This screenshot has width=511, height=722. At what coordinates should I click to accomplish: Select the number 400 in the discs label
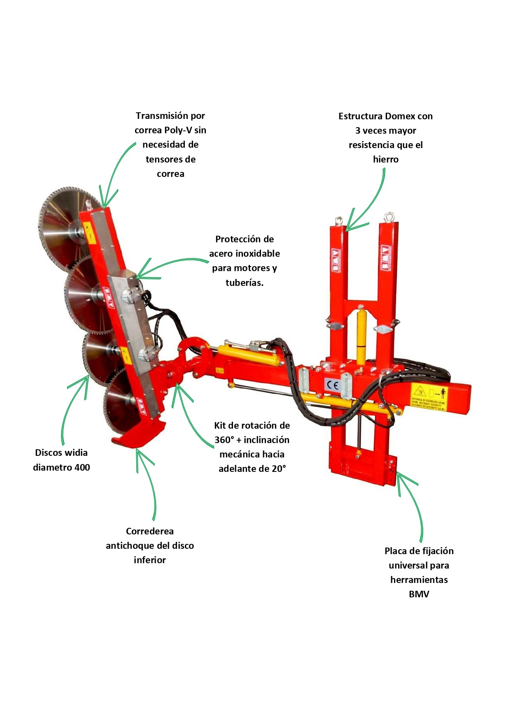[82, 467]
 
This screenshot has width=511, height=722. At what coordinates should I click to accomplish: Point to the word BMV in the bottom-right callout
[419, 594]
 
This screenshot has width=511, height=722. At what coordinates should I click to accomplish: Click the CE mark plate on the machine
[332, 385]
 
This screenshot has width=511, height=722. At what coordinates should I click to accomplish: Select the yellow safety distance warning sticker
[429, 397]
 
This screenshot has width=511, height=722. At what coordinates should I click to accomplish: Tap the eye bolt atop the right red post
[388, 217]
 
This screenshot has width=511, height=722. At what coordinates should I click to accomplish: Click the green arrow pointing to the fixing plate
[412, 506]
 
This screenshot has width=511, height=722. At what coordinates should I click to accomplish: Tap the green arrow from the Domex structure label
[371, 202]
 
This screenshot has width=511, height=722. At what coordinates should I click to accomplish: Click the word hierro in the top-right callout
[386, 160]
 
